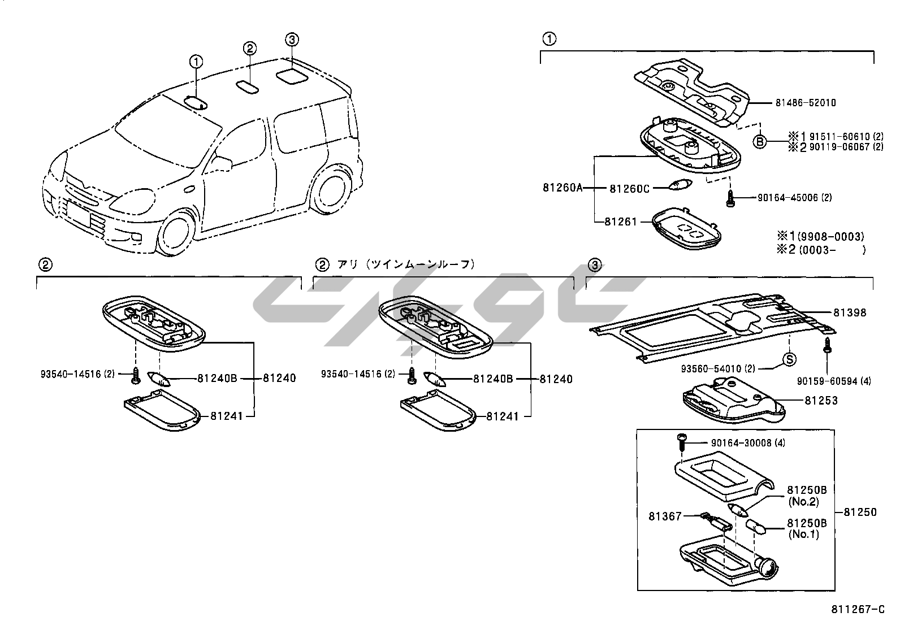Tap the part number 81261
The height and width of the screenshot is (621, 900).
point(621,222)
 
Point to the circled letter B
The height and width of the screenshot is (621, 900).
point(760,141)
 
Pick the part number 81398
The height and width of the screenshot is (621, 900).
point(849,312)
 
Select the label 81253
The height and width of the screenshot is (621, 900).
point(821,401)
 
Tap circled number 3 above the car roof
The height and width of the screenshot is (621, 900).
point(291,40)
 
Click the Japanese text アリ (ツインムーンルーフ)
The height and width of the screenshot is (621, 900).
point(406,264)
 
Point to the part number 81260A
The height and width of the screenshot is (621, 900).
point(562,188)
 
